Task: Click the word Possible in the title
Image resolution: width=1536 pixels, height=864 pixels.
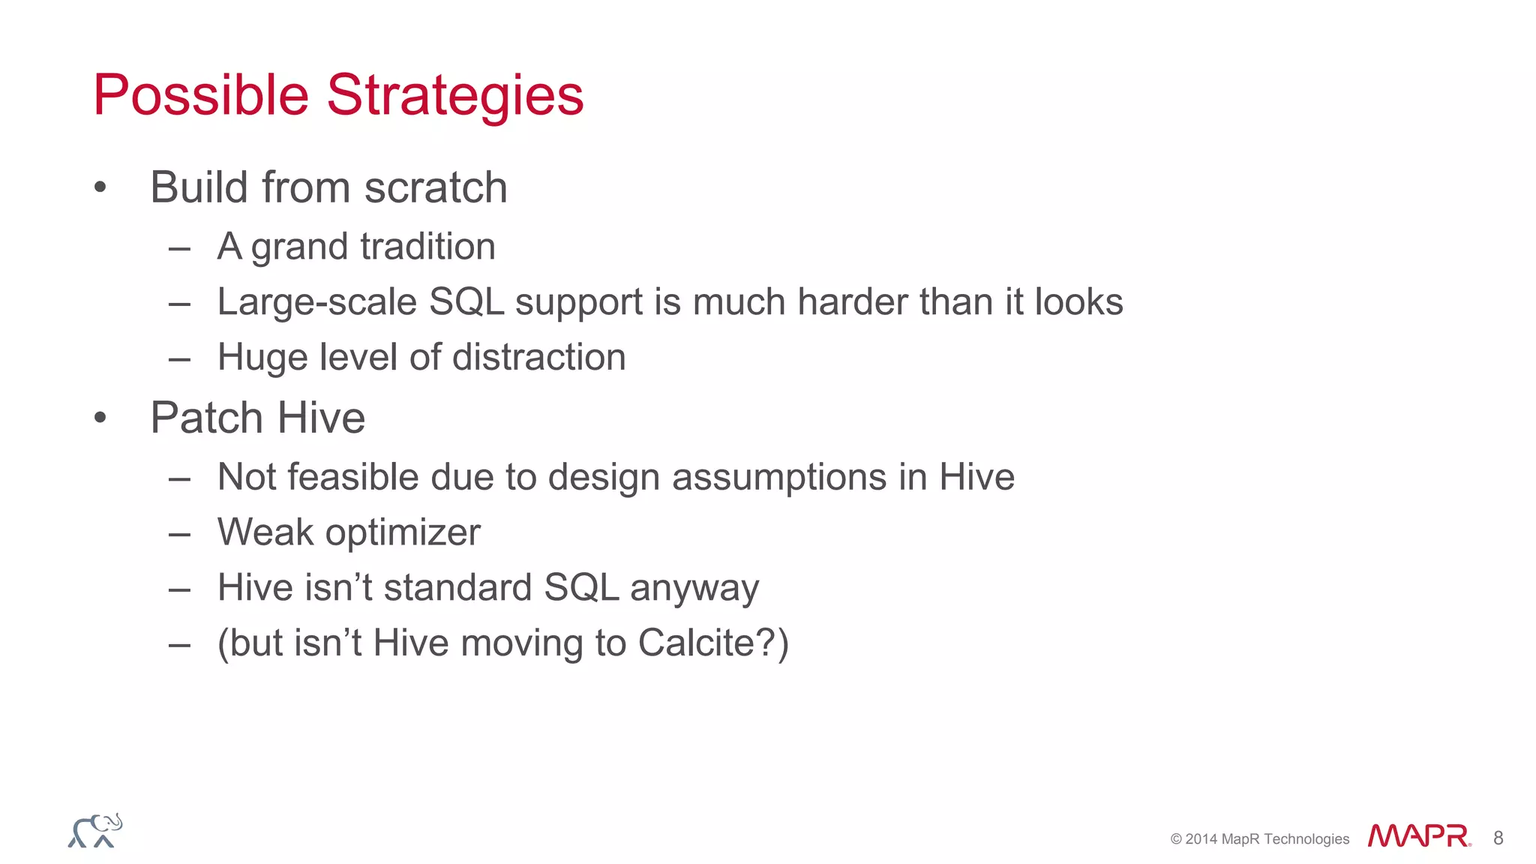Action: click(x=200, y=95)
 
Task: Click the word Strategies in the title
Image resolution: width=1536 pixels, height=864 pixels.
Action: click(x=454, y=95)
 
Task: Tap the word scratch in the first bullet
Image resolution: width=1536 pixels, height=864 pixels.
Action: click(x=436, y=187)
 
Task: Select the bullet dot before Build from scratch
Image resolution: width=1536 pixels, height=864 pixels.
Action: click(x=100, y=187)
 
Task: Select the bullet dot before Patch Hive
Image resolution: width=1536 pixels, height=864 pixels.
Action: click(x=100, y=418)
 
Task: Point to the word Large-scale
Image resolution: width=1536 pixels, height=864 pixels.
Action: click(x=316, y=302)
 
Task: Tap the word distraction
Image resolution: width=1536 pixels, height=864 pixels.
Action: click(x=538, y=357)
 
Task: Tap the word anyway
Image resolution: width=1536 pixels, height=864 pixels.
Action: click(x=694, y=588)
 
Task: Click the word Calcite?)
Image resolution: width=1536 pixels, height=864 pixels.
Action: click(x=712, y=643)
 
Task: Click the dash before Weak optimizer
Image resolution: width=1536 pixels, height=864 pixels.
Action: click(x=179, y=535)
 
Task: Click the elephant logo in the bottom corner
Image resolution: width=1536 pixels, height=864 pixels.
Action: click(x=95, y=831)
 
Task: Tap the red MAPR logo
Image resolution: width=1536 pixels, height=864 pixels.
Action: click(x=1418, y=836)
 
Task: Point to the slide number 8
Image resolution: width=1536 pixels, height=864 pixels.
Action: click(x=1498, y=838)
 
